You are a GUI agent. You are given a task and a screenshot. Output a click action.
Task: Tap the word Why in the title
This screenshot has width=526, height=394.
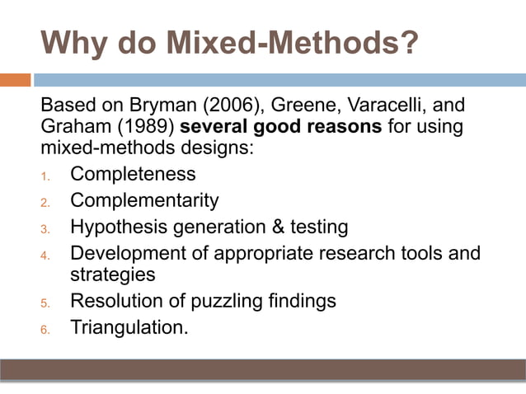[x=72, y=43]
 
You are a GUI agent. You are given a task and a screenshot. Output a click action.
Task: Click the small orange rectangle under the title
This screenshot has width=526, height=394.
[x=16, y=80]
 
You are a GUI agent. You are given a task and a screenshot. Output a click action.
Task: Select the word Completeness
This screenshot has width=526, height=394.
[x=133, y=175]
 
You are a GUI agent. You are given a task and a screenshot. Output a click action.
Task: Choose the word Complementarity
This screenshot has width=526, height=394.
[x=144, y=200]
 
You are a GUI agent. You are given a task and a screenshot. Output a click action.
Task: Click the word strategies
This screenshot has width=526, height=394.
[x=112, y=274]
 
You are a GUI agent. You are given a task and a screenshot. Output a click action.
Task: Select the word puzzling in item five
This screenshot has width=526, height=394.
[x=224, y=301]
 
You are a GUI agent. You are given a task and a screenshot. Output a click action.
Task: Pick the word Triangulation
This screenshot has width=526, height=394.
[x=129, y=327]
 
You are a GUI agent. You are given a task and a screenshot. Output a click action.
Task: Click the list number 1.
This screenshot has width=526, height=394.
[x=46, y=176]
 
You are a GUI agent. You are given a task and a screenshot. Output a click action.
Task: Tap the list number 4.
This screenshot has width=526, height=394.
[x=46, y=254]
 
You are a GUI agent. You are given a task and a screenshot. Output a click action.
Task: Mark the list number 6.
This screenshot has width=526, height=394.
[x=46, y=329]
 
